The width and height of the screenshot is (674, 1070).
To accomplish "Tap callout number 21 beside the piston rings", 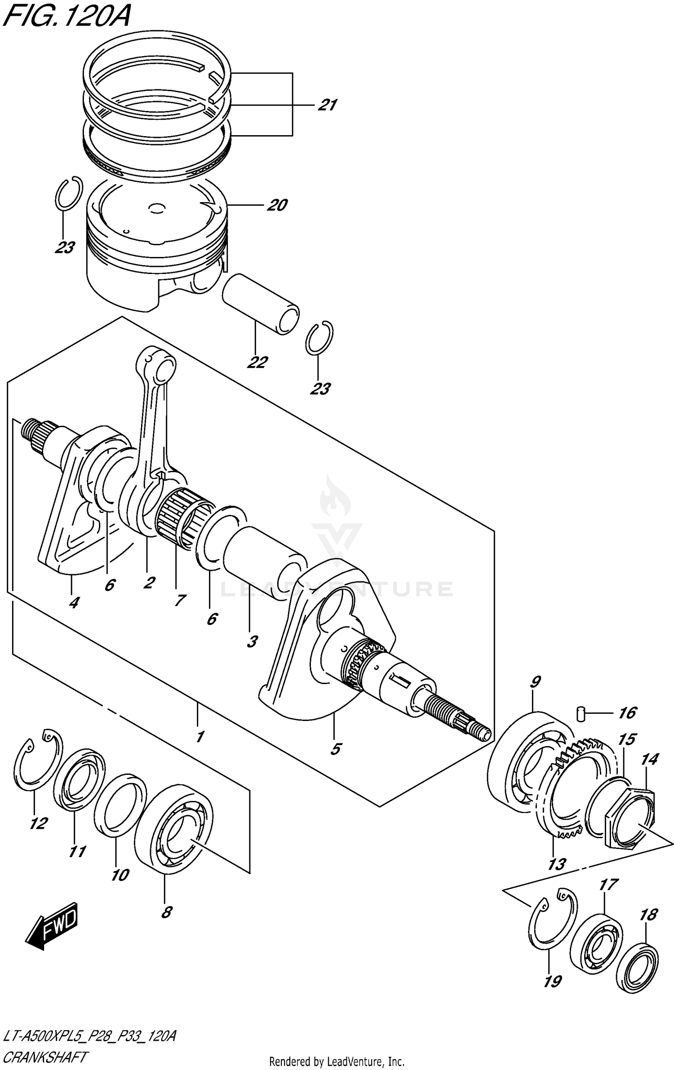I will point(327,105).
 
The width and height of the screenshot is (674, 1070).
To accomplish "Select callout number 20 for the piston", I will point(277,205).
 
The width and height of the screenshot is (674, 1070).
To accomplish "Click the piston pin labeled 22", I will point(261,304).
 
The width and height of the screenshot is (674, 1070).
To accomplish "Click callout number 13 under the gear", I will point(556,864).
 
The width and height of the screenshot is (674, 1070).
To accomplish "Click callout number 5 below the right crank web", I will point(335,749).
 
